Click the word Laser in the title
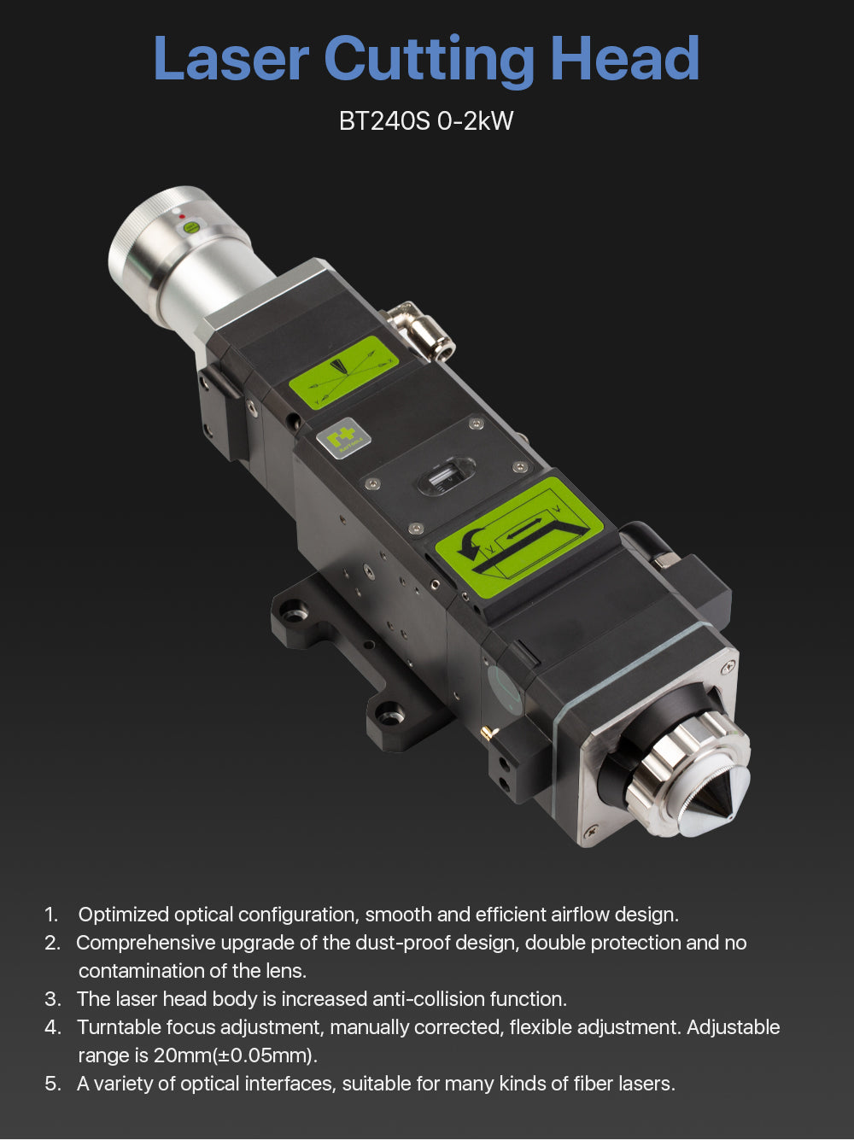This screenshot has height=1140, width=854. [x=231, y=58]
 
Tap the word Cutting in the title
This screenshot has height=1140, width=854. [x=430, y=61]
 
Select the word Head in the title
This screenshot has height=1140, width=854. [x=625, y=58]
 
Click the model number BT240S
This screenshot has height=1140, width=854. [x=384, y=121]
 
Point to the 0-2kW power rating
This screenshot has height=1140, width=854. [x=475, y=121]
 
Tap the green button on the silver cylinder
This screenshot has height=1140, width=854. [x=191, y=226]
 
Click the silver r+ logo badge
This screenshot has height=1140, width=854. [x=343, y=436]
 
